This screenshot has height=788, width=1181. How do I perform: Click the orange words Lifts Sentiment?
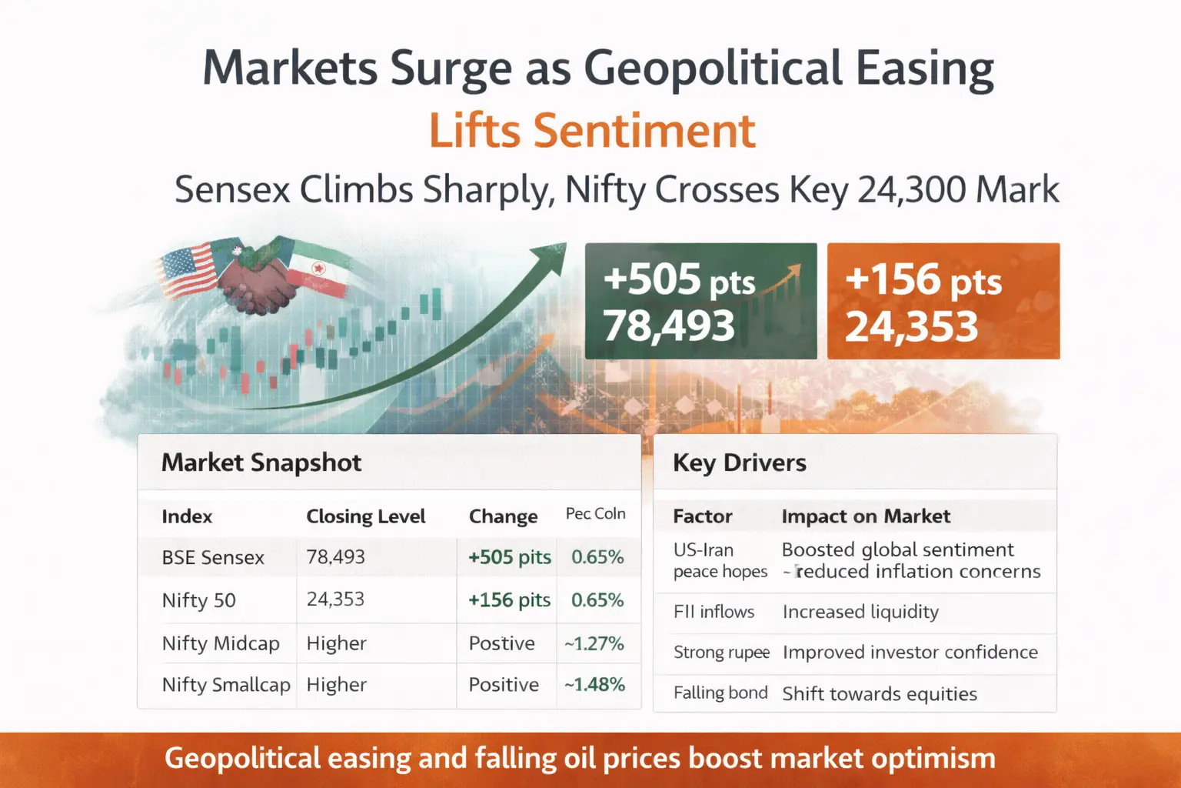point(591,131)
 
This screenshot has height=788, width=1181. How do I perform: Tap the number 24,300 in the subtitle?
point(907,189)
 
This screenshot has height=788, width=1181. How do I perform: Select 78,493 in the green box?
point(668,326)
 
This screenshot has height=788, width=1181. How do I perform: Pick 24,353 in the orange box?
point(911,326)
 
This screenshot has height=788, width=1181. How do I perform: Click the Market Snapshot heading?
point(261,462)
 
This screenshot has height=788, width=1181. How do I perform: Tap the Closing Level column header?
point(365,516)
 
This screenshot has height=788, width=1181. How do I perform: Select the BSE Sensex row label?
point(213,557)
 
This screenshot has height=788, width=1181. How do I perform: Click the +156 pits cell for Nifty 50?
point(509,600)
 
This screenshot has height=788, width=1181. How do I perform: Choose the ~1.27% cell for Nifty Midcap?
point(594,643)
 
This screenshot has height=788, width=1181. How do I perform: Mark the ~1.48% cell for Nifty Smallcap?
point(594,685)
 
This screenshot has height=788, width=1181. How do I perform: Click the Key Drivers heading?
point(739,462)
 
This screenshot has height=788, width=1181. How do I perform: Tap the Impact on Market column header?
point(866,516)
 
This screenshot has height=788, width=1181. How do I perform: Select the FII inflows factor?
point(714,612)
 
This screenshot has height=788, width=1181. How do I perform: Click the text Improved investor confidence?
point(910,653)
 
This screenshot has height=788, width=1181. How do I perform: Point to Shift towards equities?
point(879,694)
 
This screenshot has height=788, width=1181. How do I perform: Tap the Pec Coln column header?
point(595,514)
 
